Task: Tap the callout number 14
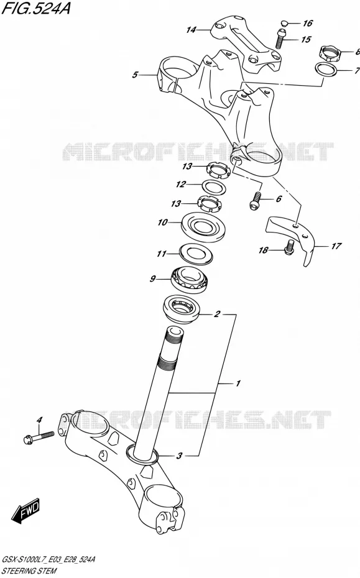(x=191, y=30)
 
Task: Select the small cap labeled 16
(x=284, y=24)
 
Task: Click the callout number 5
(x=135, y=75)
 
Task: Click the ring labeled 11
(x=196, y=254)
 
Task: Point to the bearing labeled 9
(x=191, y=280)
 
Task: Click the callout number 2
(x=217, y=314)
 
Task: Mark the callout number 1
(x=238, y=383)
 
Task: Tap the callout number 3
(x=179, y=456)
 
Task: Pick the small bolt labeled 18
(x=289, y=247)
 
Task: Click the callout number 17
(x=336, y=245)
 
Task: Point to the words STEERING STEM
(x=29, y=571)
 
